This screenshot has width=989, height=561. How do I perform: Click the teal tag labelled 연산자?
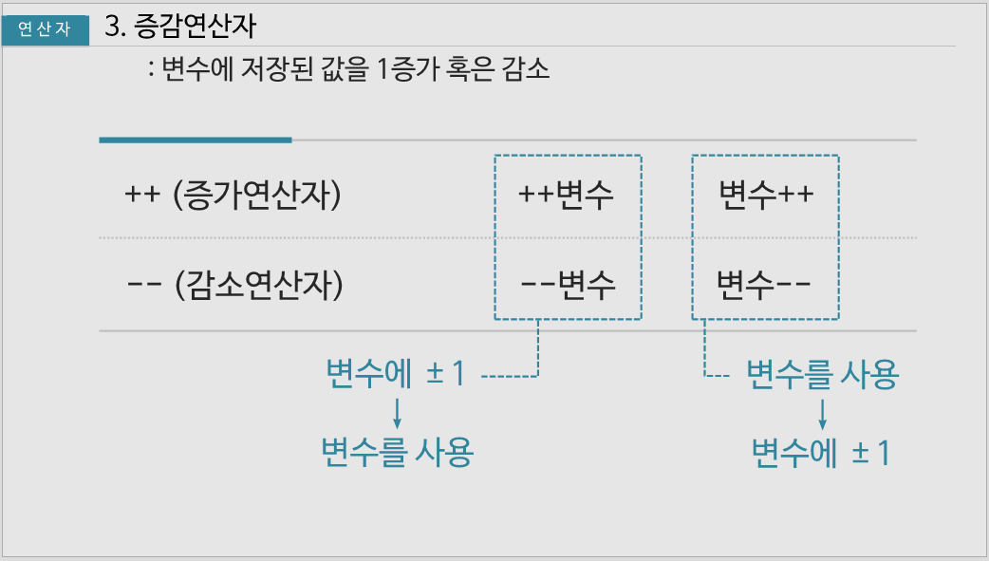pyautogui.click(x=45, y=29)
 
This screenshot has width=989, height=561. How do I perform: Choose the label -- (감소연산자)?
pyautogui.click(x=233, y=284)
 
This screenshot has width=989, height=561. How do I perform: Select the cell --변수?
pyautogui.click(x=568, y=284)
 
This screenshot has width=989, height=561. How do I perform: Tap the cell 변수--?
pyautogui.click(x=764, y=284)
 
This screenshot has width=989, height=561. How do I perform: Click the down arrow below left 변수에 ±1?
pyautogui.click(x=397, y=412)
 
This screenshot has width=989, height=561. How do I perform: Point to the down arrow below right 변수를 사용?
pyautogui.click(x=822, y=412)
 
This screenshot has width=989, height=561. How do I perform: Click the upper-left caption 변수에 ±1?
pyautogui.click(x=395, y=374)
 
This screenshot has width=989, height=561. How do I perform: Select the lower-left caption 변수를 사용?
pyautogui.click(x=397, y=453)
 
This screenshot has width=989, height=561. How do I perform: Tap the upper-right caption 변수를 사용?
pyautogui.click(x=822, y=376)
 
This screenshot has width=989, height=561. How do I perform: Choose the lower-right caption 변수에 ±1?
pyautogui.click(x=821, y=453)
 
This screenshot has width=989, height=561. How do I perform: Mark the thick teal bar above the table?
pyautogui.click(x=196, y=140)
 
